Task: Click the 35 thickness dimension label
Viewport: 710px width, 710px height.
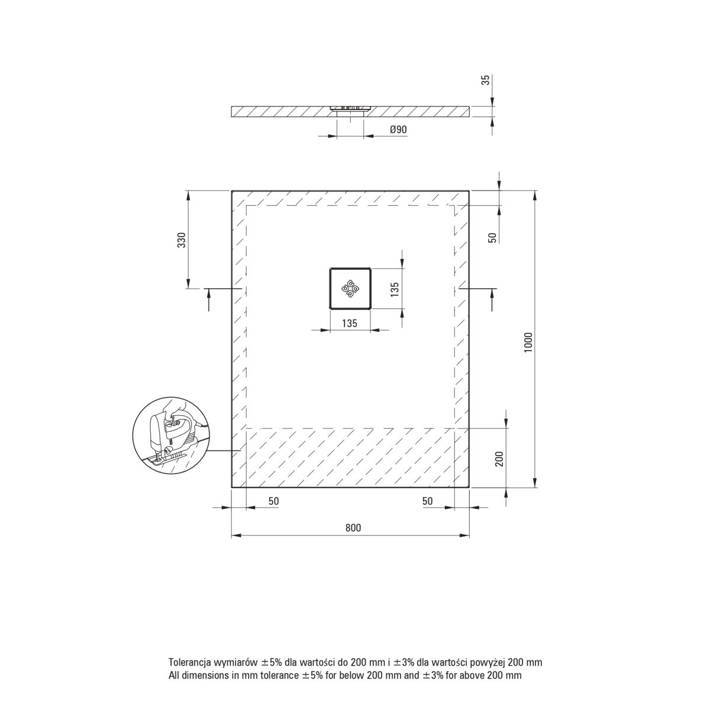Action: pyautogui.click(x=486, y=80)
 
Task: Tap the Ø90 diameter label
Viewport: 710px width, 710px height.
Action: pyautogui.click(x=398, y=130)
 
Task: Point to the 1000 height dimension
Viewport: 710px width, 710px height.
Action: pyautogui.click(x=528, y=342)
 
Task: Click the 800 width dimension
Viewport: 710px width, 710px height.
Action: pyautogui.click(x=353, y=528)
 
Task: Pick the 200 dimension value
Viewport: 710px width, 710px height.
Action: pyautogui.click(x=499, y=459)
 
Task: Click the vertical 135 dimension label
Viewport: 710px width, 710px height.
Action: pyautogui.click(x=395, y=289)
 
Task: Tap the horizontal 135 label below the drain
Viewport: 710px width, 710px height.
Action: pyautogui.click(x=350, y=323)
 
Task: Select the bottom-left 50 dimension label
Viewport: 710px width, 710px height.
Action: pyautogui.click(x=274, y=501)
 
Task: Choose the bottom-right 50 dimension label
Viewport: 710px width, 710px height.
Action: pyautogui.click(x=427, y=501)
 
